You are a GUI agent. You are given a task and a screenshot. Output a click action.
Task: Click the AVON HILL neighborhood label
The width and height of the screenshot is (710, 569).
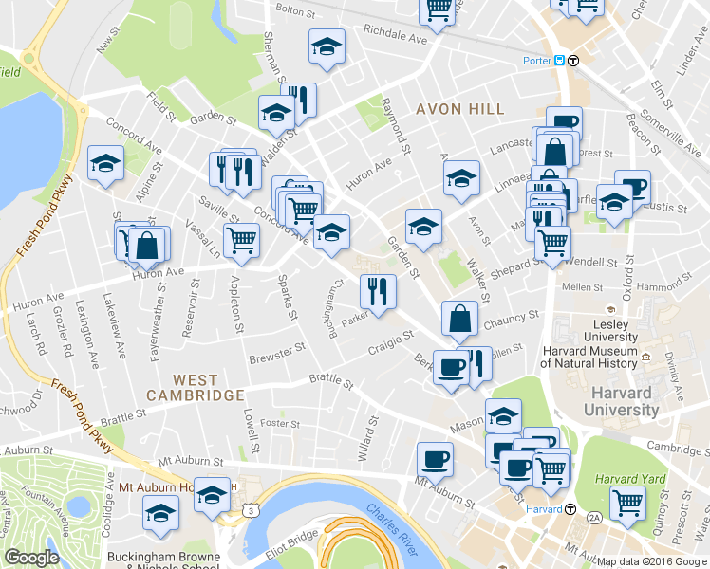point(459,109)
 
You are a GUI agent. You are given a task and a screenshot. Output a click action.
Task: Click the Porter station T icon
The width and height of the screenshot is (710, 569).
point(573,61)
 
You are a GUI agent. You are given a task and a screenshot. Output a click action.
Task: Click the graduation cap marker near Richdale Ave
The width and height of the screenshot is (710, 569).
point(326,46)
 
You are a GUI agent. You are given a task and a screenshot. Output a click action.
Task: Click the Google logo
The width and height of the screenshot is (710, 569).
point(31,558)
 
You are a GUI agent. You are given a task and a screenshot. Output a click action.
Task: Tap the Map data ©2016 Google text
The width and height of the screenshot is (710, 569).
point(651,561)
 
